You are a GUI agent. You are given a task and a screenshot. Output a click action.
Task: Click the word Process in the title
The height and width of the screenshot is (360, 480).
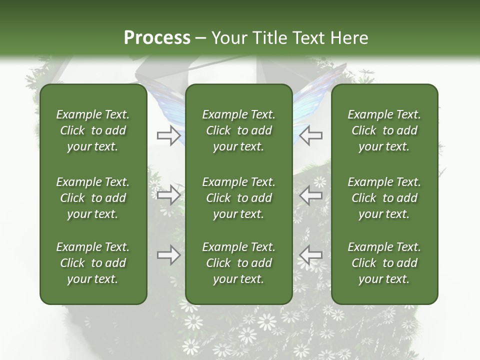[x=157, y=38]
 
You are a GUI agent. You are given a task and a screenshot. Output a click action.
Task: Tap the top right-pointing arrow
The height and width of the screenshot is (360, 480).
[x=168, y=135]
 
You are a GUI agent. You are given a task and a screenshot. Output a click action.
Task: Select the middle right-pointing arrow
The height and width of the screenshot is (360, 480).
[x=168, y=195]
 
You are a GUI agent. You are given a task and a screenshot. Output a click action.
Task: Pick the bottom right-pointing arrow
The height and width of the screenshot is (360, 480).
[x=168, y=255]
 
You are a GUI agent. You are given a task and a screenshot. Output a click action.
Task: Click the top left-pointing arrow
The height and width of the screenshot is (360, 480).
[x=311, y=135]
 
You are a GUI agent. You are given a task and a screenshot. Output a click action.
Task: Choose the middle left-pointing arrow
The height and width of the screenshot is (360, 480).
[x=311, y=195]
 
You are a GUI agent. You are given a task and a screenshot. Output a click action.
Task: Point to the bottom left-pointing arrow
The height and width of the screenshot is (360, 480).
[x=311, y=255]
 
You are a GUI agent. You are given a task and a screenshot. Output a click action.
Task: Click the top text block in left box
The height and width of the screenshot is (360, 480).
[x=93, y=130]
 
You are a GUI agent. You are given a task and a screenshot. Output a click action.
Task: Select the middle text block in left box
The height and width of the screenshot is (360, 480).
[x=93, y=198]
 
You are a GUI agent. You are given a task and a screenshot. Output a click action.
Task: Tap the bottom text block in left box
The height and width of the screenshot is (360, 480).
[x=93, y=263]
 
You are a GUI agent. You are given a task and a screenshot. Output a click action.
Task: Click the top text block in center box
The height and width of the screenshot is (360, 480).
[x=238, y=130]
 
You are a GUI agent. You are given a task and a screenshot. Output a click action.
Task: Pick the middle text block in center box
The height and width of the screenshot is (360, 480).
[x=238, y=198]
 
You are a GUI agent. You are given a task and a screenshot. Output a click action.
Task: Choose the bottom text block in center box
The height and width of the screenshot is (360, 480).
[x=238, y=263]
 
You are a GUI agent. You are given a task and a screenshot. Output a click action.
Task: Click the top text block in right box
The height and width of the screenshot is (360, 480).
[x=384, y=130]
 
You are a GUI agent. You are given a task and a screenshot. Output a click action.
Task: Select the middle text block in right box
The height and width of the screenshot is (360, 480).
[x=384, y=198]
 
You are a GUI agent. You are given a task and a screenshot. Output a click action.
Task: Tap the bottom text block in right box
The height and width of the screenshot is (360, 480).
[x=384, y=263]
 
